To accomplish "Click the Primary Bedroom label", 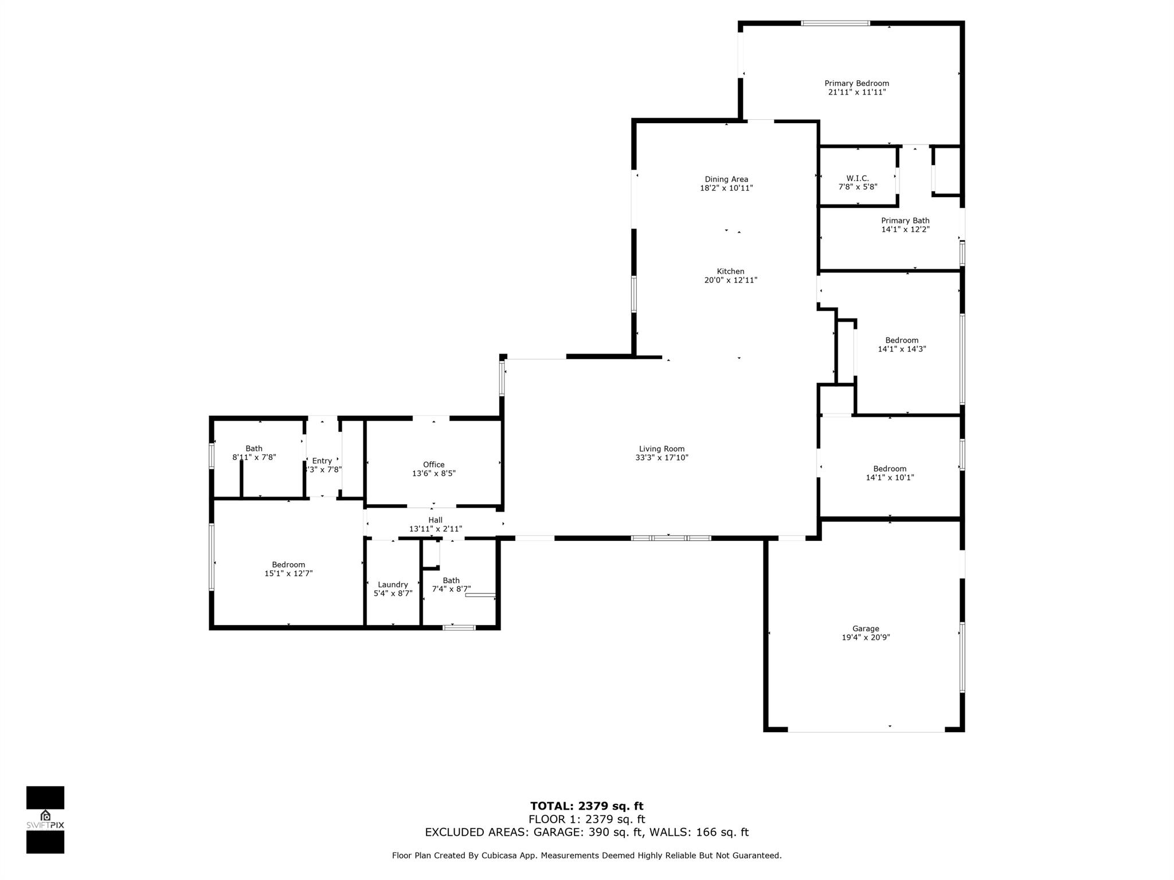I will (856, 84).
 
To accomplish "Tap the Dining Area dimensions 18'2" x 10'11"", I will (726, 188).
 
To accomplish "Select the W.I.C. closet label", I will (858, 179).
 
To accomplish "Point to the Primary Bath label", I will (905, 221).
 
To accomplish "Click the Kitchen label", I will (730, 272).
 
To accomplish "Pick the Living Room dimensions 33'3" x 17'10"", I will (662, 458).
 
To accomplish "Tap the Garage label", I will (865, 628).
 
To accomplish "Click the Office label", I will (433, 465).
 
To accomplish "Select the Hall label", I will (435, 520).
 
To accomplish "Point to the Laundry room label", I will (393, 585).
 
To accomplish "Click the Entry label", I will (322, 461).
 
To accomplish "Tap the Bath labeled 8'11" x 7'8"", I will (254, 449).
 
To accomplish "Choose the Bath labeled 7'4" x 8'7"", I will (451, 580).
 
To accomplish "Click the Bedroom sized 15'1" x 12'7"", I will (288, 565).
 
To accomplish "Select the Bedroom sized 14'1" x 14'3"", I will (902, 340).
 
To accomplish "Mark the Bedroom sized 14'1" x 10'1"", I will (890, 469).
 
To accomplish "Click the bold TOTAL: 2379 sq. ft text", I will (586, 806).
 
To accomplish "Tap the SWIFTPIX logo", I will (45, 820).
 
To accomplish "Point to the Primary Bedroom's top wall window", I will (835, 23).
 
